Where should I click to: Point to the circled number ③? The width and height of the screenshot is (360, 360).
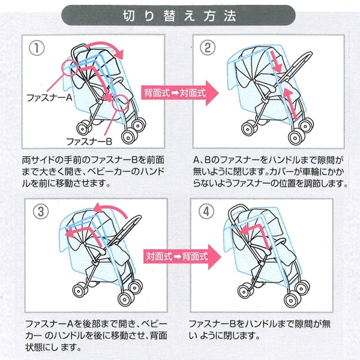37,212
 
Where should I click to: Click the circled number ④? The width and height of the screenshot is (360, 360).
208,212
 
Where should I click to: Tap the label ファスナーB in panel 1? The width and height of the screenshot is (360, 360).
88,141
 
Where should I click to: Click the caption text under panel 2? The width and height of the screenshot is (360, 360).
270,173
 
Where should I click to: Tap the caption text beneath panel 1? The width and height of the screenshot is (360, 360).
96,173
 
